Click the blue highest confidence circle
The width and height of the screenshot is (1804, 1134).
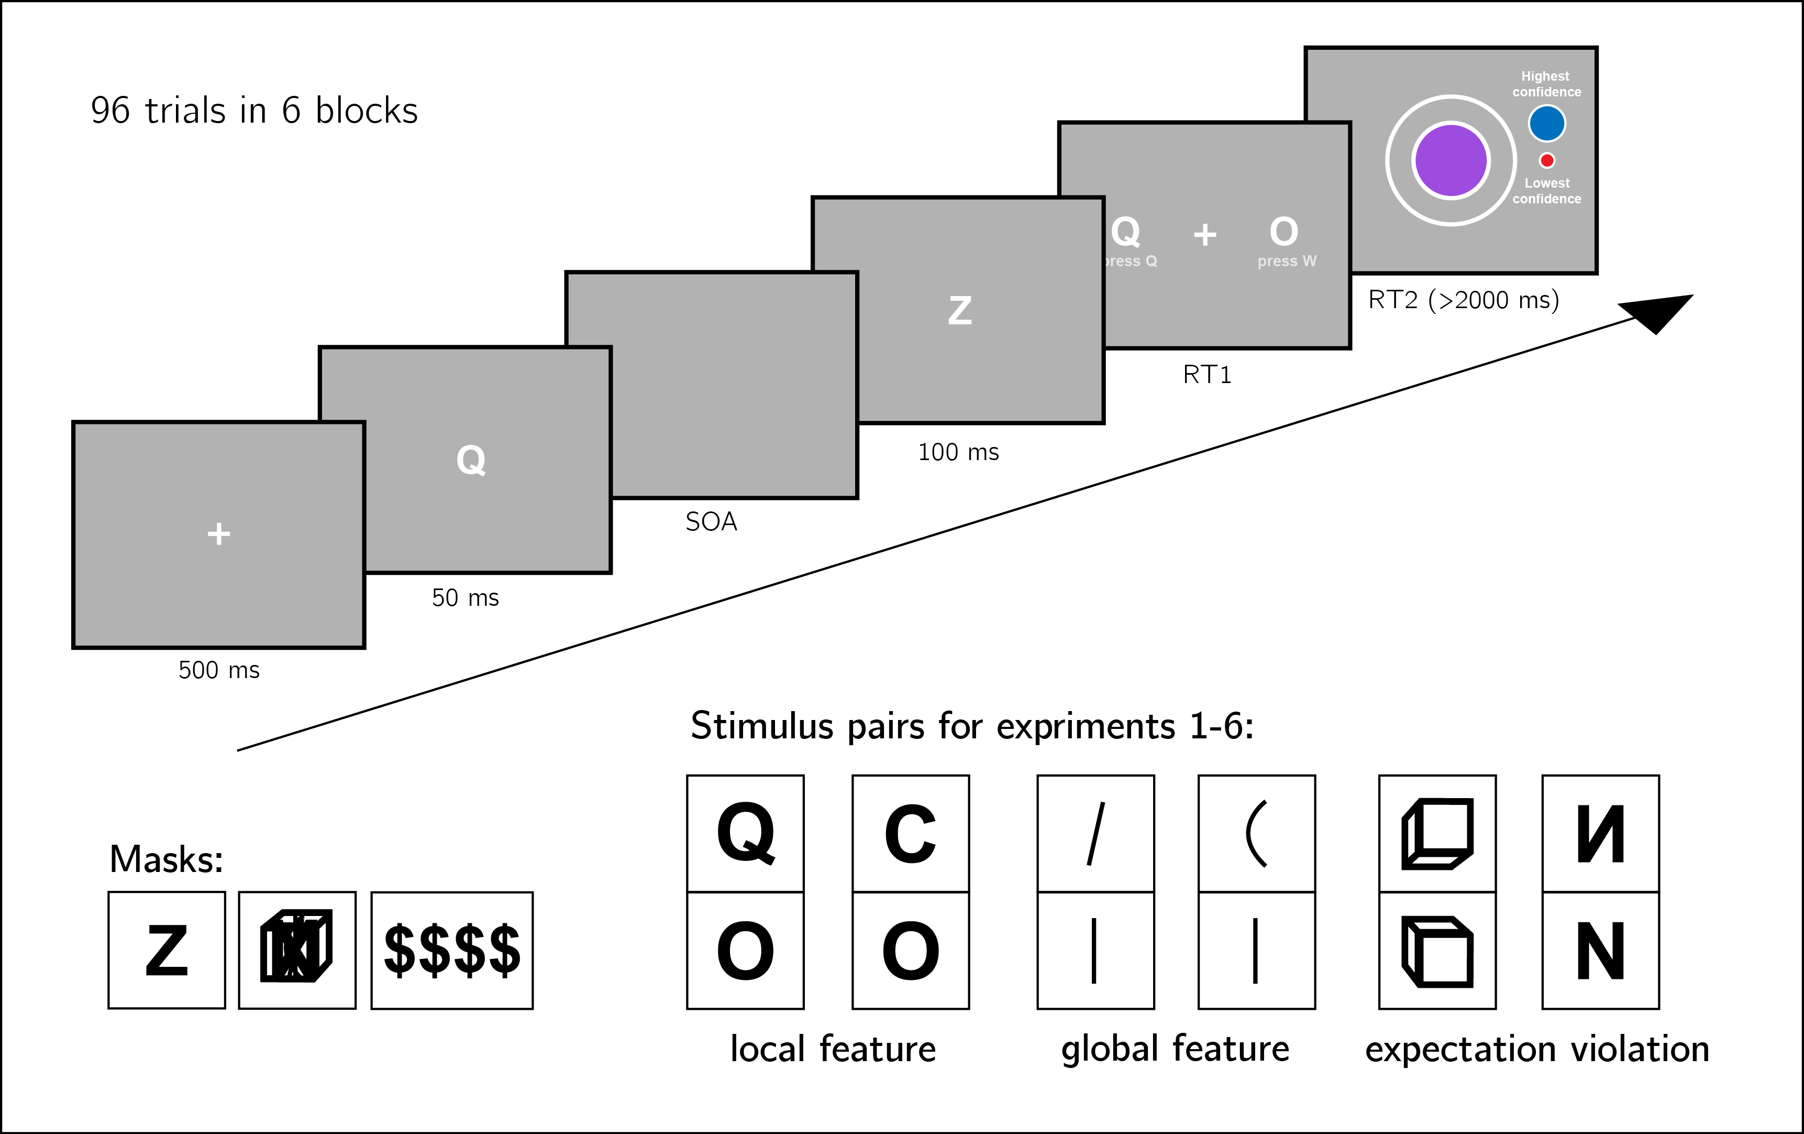point(1546,124)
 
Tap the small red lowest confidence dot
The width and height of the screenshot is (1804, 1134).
point(1546,160)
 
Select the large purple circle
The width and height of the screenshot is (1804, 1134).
point(1451,160)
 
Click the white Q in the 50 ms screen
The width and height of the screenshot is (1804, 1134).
point(470,460)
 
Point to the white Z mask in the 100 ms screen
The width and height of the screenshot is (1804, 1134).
point(960,310)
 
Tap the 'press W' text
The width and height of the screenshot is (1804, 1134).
point(1286,261)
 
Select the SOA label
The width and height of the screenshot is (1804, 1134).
point(711,521)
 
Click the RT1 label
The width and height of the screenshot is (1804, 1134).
point(1206,374)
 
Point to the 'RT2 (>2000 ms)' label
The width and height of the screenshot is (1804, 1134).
point(1463,300)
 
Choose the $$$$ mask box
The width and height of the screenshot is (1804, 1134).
point(452,951)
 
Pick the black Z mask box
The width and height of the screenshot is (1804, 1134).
point(167,951)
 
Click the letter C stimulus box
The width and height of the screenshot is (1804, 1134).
point(910,833)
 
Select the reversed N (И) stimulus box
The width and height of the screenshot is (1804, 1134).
point(1600,833)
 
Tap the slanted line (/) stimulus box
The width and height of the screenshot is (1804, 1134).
point(1095,833)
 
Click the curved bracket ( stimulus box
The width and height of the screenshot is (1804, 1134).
point(1256,833)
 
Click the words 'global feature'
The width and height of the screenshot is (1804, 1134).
point(1175,1048)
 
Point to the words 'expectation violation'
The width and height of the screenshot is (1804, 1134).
point(1536,1048)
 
